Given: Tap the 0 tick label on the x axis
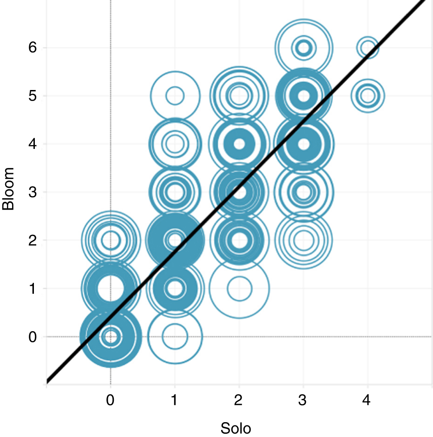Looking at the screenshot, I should (110, 400).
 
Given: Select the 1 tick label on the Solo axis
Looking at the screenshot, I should (175, 400).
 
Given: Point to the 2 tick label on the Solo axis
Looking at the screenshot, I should (239, 400).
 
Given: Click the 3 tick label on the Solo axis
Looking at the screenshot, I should (303, 400).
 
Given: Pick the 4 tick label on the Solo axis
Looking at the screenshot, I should (367, 400).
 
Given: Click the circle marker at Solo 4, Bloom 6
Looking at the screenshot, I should (367, 47).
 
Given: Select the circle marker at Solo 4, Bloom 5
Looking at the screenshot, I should (367, 96).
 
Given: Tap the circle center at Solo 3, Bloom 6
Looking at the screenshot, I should (303, 47).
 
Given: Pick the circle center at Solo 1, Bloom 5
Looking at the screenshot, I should (175, 96).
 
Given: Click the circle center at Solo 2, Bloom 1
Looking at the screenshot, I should (239, 289).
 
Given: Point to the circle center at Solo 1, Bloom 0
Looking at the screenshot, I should (175, 336).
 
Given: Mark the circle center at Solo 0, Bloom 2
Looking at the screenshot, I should (110, 240).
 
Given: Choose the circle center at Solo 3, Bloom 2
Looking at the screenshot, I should (303, 240).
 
